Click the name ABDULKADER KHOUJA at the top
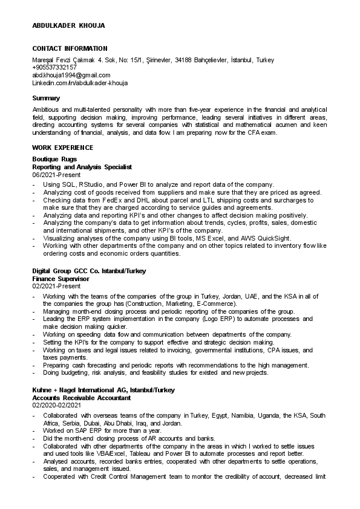click(68, 25)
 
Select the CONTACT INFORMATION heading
click(70, 48)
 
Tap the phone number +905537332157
click(54, 68)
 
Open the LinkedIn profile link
click(80, 83)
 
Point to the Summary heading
click(46, 98)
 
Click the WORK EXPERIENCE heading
click(62, 148)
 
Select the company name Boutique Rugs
click(54, 159)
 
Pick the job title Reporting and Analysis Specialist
click(82, 166)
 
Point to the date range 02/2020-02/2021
click(56, 405)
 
